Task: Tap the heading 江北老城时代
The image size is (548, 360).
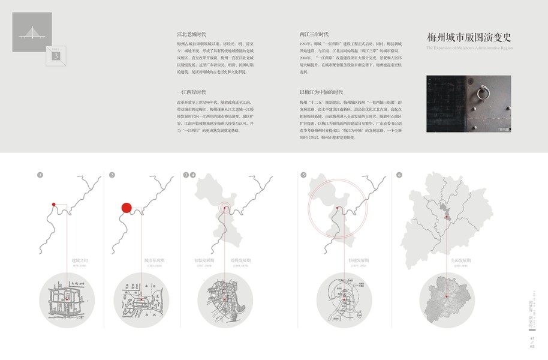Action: (191, 35)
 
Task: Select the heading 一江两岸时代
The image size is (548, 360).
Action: (191, 92)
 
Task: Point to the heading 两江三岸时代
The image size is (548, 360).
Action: (314, 35)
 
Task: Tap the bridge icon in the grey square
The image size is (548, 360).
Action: (32, 33)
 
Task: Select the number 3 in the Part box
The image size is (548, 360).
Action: (56, 56)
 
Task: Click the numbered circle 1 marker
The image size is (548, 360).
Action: (40, 175)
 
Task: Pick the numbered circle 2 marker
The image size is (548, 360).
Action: (112, 175)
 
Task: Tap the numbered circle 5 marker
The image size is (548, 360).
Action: (303, 175)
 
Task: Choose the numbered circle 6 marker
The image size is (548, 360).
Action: (399, 175)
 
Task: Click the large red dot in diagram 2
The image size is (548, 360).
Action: (127, 208)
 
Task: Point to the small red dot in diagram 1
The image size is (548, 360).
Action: (53, 205)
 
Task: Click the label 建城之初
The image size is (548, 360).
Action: (80, 261)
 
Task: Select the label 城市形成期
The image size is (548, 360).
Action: (153, 261)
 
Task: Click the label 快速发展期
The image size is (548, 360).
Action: (358, 261)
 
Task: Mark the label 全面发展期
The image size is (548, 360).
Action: (461, 261)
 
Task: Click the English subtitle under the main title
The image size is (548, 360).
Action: (469, 47)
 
